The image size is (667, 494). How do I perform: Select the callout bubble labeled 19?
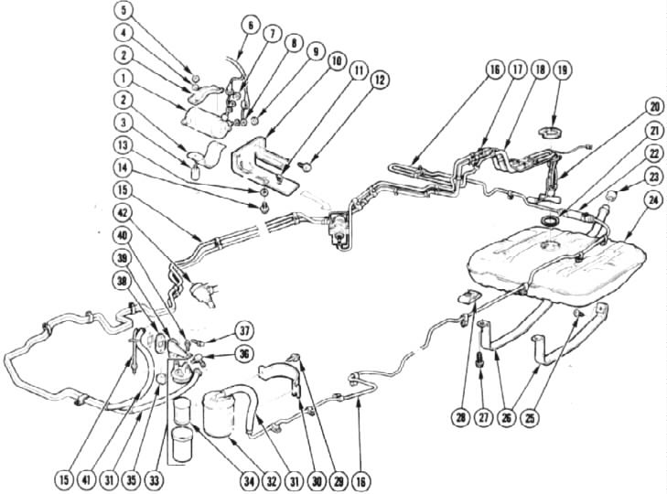click(563, 70)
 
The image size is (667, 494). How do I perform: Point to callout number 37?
click(243, 331)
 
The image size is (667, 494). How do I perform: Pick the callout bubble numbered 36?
click(244, 354)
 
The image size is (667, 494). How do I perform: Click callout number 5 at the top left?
click(124, 10)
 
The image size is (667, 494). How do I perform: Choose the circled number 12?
click(380, 80)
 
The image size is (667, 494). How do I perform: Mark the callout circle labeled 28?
click(461, 417)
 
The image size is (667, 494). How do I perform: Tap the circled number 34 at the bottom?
click(249, 482)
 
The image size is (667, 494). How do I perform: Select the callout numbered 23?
click(655, 177)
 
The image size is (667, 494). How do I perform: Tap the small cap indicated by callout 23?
click(612, 195)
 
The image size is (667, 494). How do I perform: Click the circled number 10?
click(336, 61)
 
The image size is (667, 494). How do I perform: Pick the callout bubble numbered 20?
click(655, 107)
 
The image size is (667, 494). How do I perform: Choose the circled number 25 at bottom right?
click(529, 417)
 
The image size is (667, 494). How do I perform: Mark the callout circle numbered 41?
click(86, 480)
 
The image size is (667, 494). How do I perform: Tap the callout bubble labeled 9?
click(316, 53)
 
